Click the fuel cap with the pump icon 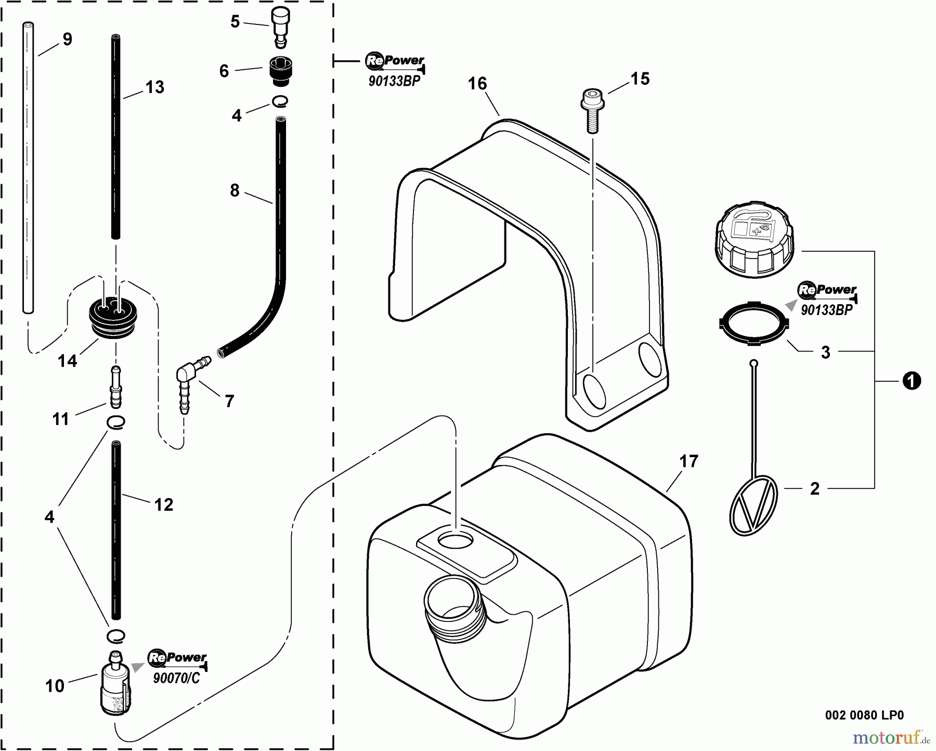pos(755,240)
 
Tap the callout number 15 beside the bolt pos(640,79)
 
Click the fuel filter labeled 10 pos(115,682)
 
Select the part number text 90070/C pos(176,679)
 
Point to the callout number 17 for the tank pos(689,461)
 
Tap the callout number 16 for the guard pos(477,83)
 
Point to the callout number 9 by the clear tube pos(67,39)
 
